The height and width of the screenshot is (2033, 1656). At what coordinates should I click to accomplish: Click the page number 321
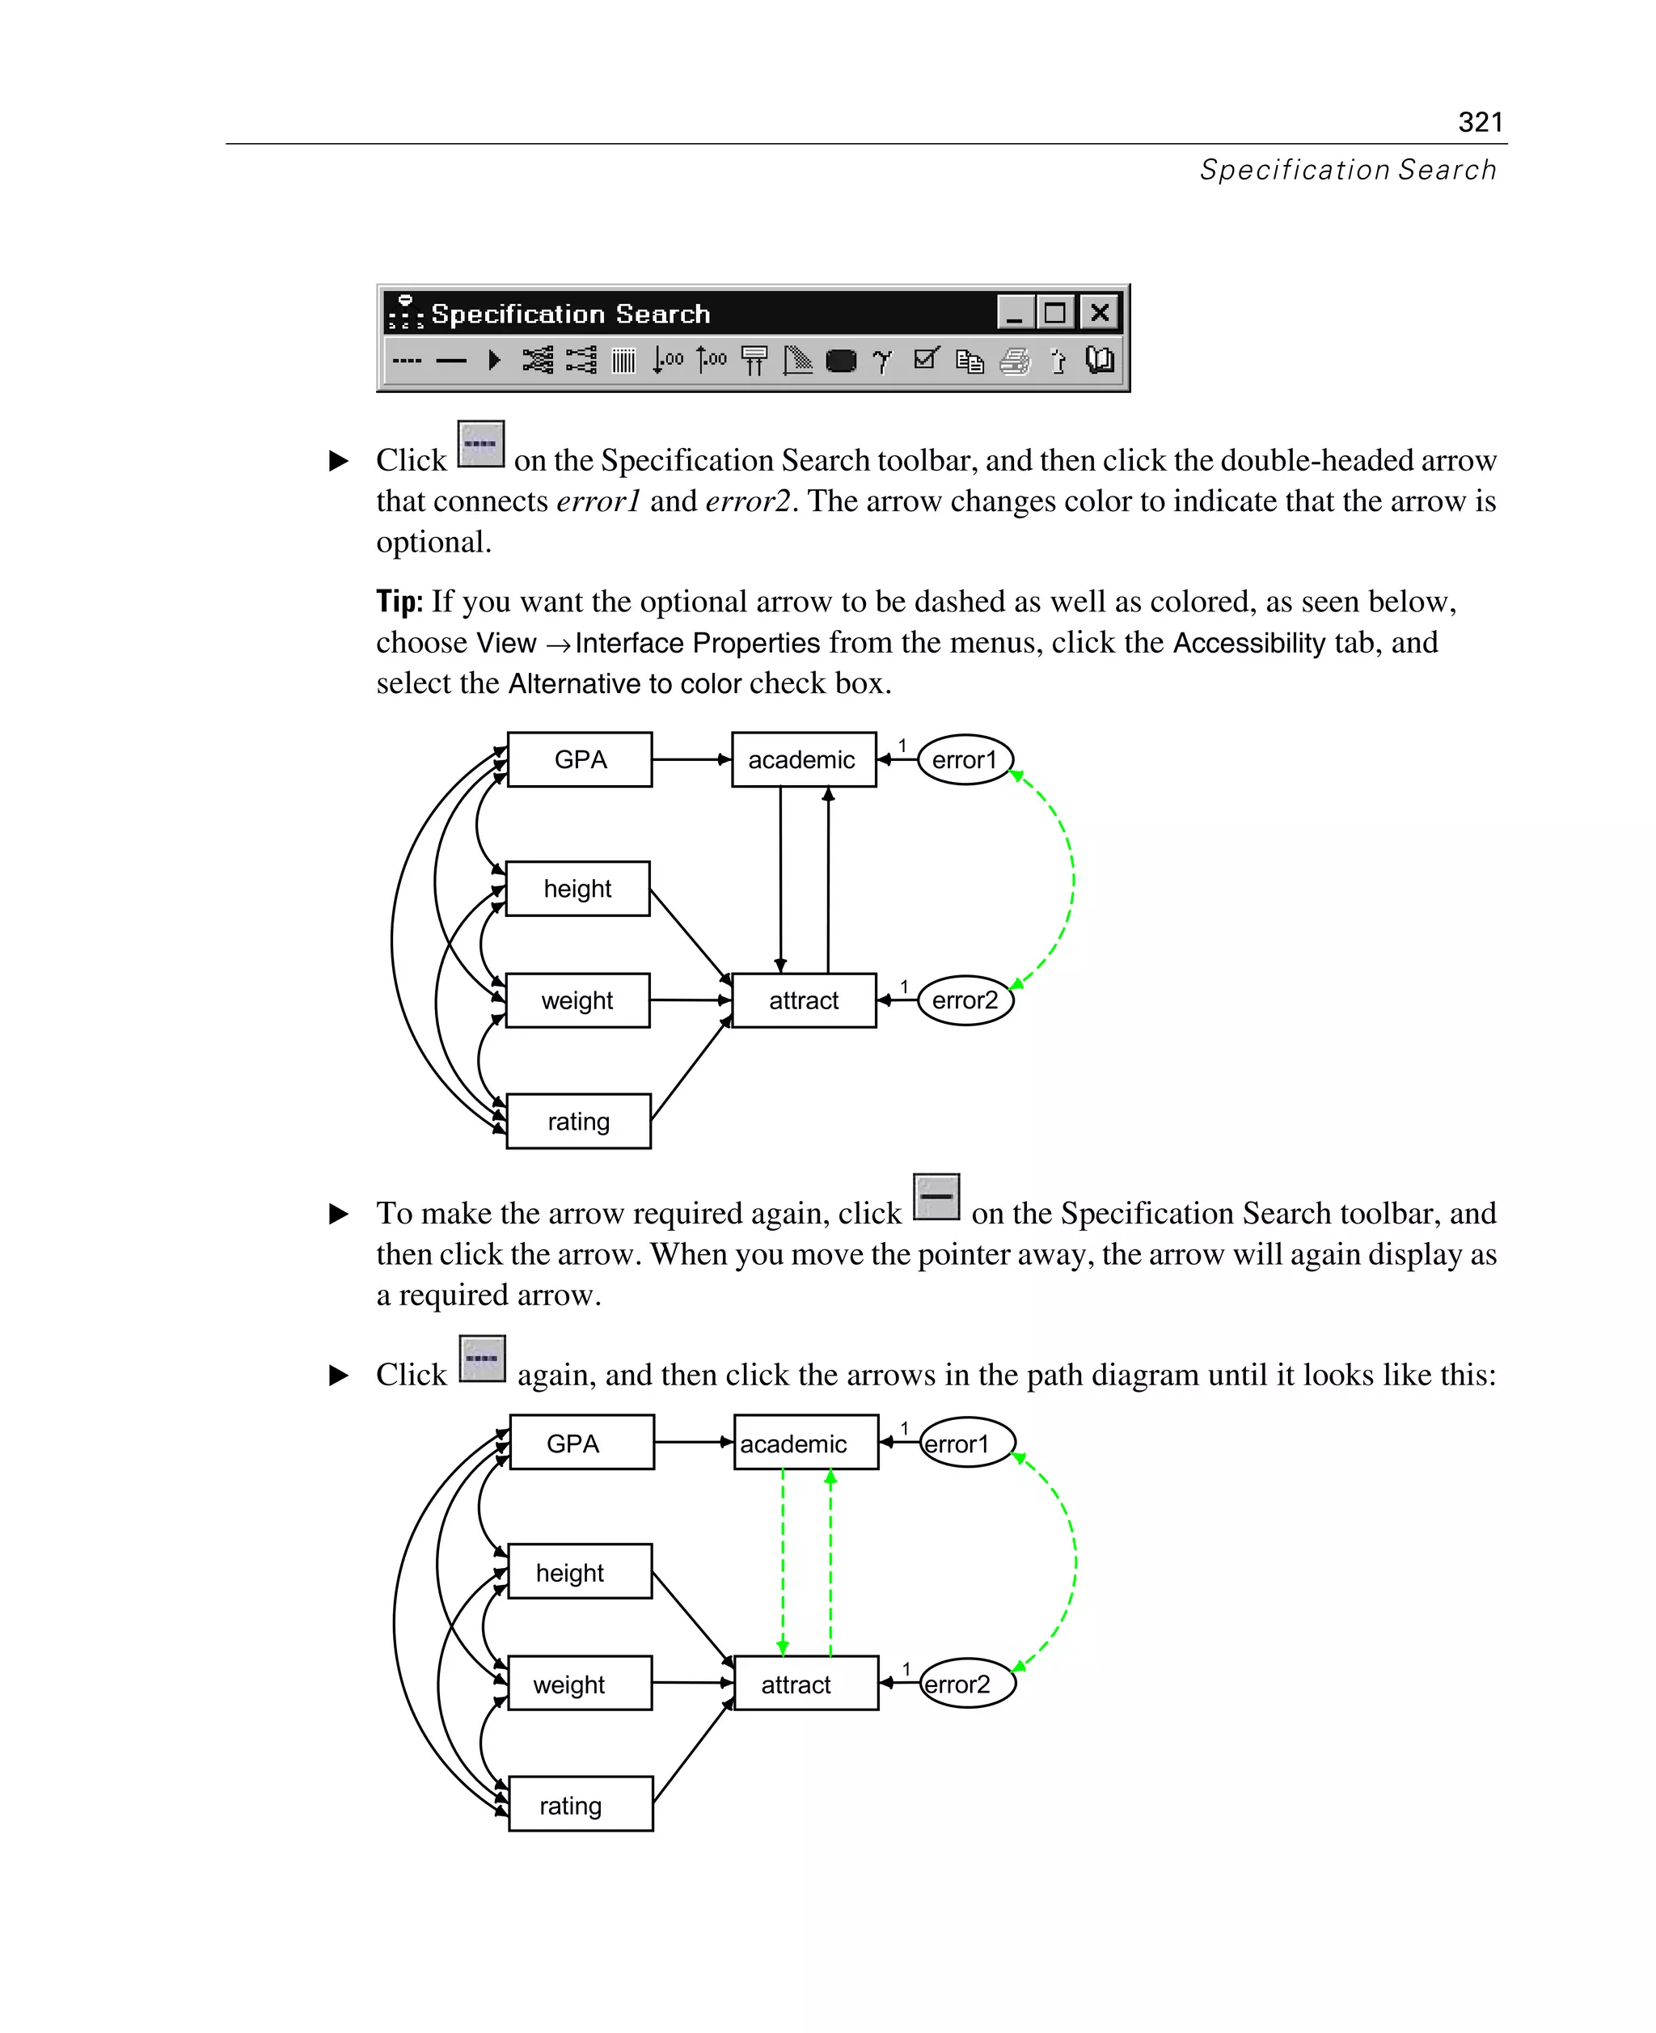click(x=1480, y=122)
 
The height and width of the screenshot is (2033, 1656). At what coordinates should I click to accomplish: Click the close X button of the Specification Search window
click(x=1099, y=312)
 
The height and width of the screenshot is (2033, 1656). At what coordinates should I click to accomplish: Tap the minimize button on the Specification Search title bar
click(x=1015, y=312)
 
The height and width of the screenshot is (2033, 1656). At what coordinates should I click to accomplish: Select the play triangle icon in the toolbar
click(x=494, y=360)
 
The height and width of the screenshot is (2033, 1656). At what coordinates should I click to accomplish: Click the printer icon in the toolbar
click(x=1015, y=361)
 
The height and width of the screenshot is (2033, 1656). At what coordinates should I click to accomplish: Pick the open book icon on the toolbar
click(x=1100, y=360)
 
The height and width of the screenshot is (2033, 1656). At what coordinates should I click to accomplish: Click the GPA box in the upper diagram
click(x=580, y=759)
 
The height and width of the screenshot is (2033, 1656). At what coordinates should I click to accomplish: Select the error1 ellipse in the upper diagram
click(x=965, y=759)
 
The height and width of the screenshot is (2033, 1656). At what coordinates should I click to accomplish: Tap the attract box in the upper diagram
click(x=803, y=1000)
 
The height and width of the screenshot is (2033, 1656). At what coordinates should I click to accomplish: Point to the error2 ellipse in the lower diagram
click(x=967, y=1684)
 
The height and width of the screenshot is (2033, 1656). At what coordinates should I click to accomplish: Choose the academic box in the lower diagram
click(x=805, y=1443)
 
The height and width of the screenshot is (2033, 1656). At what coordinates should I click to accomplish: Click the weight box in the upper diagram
click(x=577, y=1000)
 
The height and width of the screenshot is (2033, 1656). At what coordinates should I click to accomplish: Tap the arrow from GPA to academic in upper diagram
click(x=691, y=759)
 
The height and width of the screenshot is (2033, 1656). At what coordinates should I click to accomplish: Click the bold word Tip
click(x=399, y=602)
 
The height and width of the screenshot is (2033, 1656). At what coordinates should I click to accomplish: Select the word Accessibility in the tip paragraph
click(x=1248, y=643)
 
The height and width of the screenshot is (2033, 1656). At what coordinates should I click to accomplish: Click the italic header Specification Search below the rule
click(x=1347, y=170)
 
